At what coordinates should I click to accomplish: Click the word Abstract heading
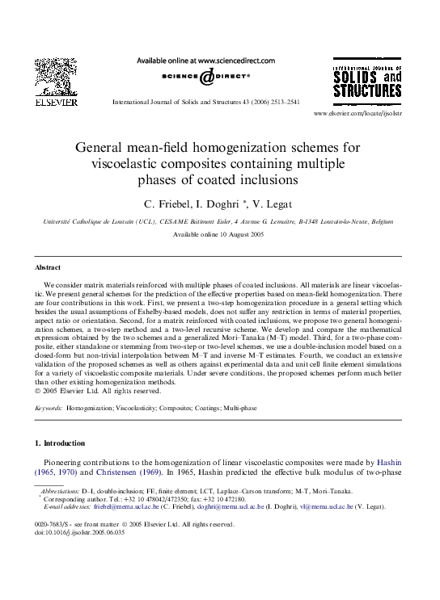[49, 266]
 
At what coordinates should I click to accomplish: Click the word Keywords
[49, 409]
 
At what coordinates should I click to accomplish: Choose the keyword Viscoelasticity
[142, 409]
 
